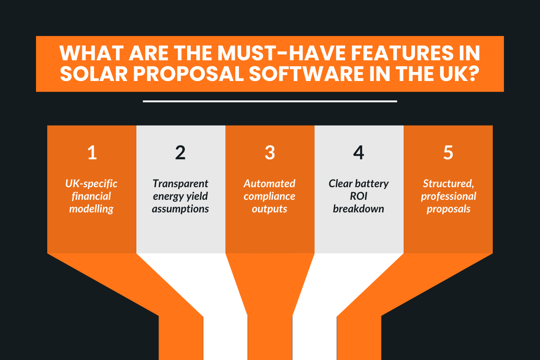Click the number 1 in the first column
92,153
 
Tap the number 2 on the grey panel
180,153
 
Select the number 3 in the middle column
270,153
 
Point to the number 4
358,153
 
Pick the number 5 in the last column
448,153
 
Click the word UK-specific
92,184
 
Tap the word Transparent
180,184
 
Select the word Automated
270,184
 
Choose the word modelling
92,209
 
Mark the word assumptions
180,209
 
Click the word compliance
270,196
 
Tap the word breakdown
358,209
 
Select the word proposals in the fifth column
448,209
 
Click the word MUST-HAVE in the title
253,54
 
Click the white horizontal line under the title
270,101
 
